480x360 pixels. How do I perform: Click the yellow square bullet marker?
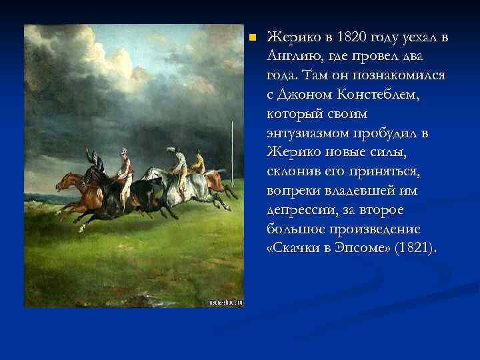(251, 37)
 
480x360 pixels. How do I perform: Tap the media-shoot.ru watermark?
(225, 302)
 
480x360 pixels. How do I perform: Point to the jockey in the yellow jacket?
(197, 160)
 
